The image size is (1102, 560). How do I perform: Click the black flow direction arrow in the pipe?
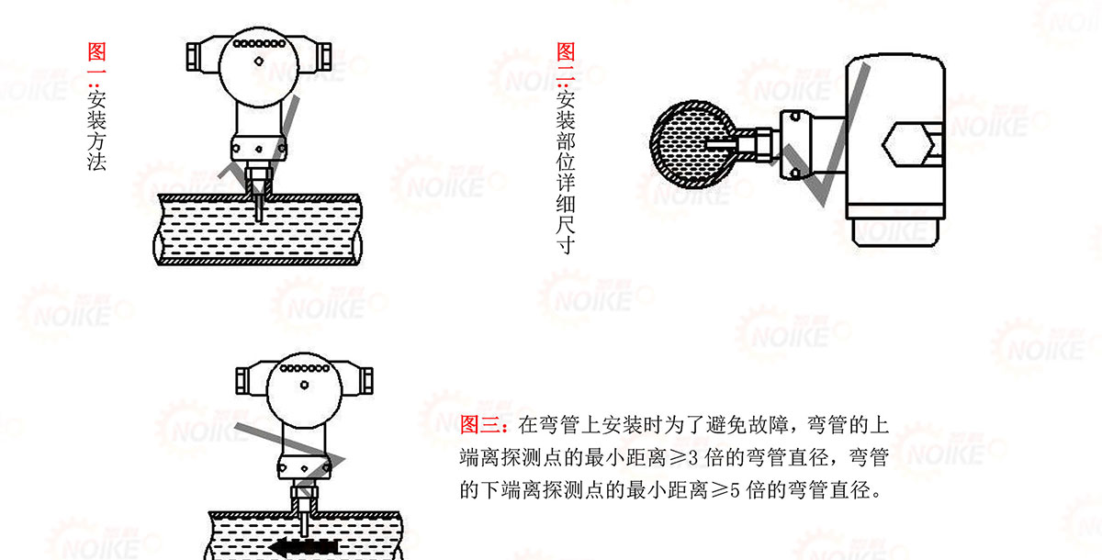tap(303, 547)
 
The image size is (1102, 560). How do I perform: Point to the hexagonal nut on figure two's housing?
tap(907, 144)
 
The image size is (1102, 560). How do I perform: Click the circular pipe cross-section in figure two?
tap(692, 144)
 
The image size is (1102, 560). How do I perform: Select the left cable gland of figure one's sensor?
tap(194, 57)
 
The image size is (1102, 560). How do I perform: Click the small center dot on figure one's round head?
tap(259, 61)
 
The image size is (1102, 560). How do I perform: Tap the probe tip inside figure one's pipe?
tap(259, 218)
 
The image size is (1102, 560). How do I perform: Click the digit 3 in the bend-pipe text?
tap(692, 458)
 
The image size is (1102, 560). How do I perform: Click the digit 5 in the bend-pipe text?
tap(734, 490)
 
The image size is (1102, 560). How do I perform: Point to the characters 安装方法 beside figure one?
tap(96, 130)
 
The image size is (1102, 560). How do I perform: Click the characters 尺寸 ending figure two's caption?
tap(566, 235)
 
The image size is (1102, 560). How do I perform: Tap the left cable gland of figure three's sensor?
tap(242, 381)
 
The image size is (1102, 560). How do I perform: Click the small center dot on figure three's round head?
tap(305, 385)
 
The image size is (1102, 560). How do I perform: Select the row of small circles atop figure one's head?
tap(259, 43)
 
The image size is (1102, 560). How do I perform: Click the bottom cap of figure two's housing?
tap(895, 232)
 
